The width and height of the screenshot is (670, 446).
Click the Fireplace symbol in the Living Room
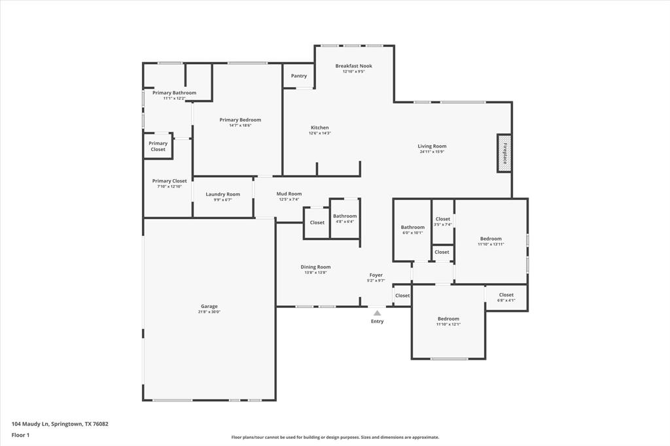click(504, 153)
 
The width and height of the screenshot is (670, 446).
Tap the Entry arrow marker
click(378, 313)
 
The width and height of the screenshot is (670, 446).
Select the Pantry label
click(299, 76)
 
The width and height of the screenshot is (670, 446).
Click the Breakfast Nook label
click(354, 66)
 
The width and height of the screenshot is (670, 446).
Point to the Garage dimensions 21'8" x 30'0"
click(209, 312)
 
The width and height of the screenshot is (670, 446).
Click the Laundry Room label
click(222, 194)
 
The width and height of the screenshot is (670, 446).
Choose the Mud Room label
click(289, 194)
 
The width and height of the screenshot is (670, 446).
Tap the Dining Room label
click(315, 267)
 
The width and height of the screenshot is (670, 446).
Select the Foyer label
click(376, 275)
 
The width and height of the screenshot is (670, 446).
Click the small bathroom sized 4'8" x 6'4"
click(344, 218)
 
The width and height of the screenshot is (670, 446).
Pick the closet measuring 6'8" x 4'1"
click(506, 297)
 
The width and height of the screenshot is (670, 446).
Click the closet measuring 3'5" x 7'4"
click(443, 221)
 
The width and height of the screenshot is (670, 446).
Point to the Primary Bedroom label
click(240, 120)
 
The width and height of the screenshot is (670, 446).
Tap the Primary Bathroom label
click(174, 93)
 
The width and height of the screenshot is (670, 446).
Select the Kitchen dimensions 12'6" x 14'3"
click(320, 133)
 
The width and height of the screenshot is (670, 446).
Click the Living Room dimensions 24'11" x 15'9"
click(432, 152)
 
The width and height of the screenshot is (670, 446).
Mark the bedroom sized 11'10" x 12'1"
click(449, 321)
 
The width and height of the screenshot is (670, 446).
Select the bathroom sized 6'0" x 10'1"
click(413, 230)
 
